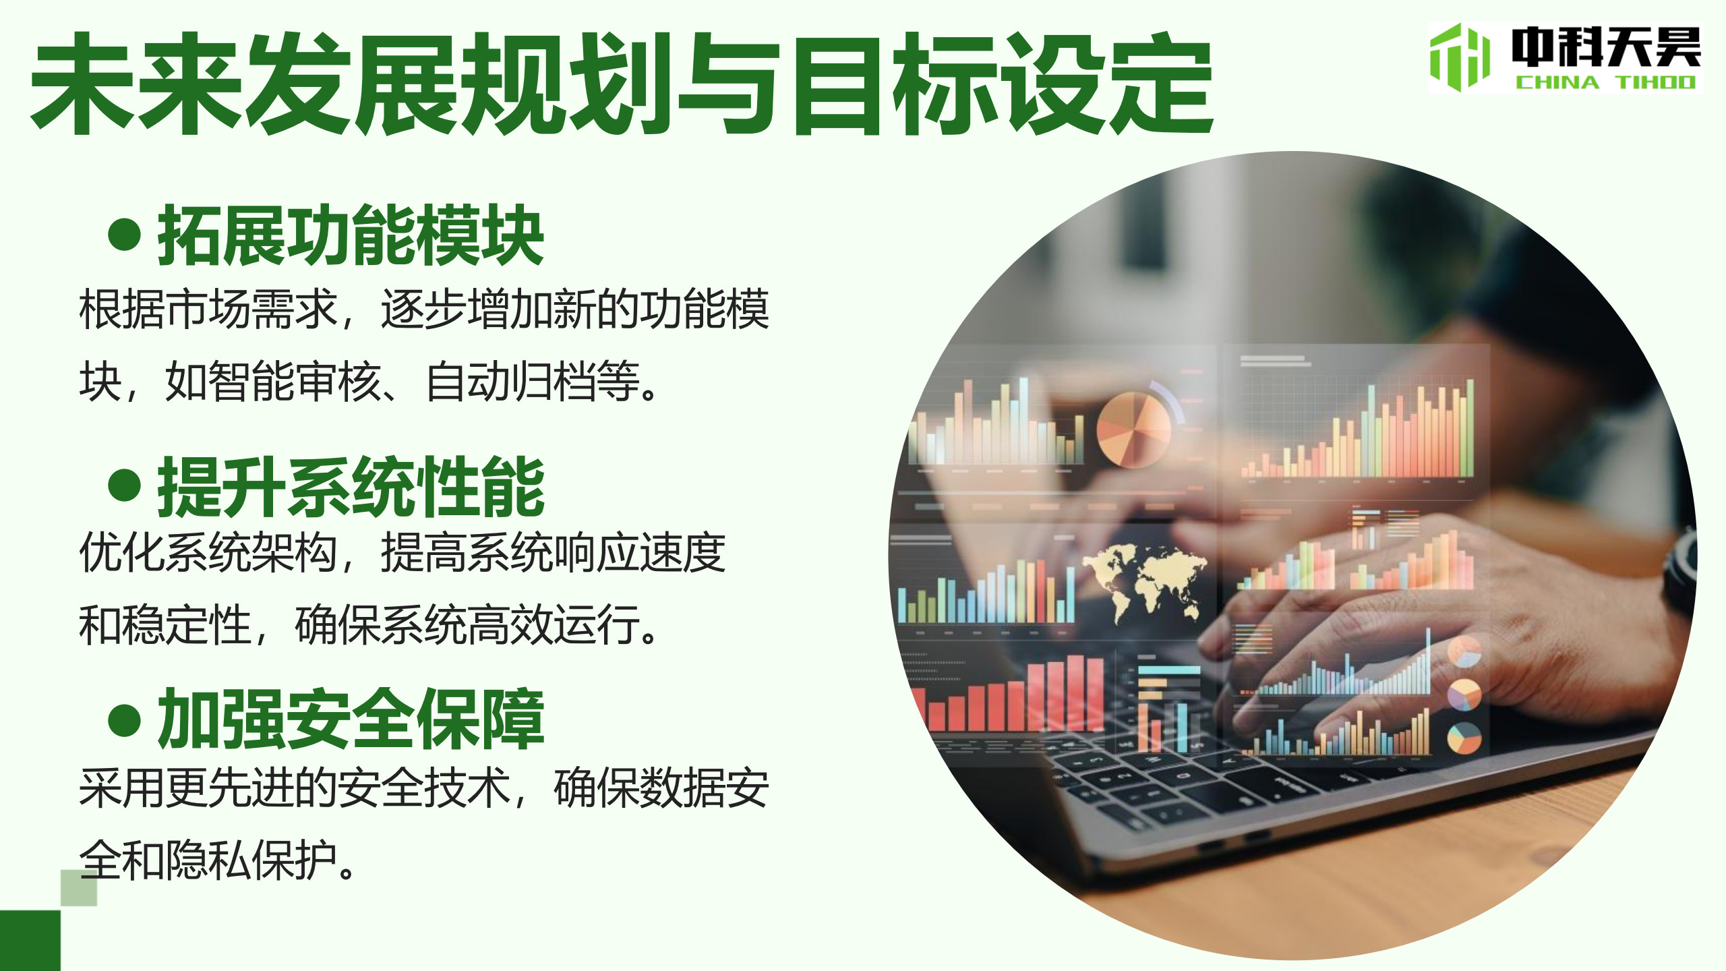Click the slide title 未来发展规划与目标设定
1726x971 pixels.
pos(622,84)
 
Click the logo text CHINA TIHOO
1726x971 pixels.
pos(1605,82)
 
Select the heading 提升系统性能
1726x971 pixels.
pos(351,486)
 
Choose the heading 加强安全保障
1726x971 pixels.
pos(351,719)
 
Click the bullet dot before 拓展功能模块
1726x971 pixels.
pos(124,235)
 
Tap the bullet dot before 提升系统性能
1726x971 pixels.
pos(124,486)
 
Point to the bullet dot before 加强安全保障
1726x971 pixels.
pos(124,719)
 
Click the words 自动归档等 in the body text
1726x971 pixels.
pos(533,382)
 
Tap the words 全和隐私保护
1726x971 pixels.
pos(208,860)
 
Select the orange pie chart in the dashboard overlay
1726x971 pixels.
pos(1134,430)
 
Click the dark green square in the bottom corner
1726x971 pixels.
pos(30,941)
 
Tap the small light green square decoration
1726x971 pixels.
pos(79,887)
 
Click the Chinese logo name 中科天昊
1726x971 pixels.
pos(1606,47)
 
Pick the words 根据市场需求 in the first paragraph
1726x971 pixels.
pos(208,309)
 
